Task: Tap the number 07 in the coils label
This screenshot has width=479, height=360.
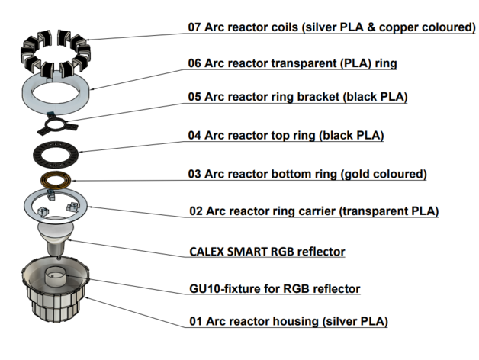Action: coord(195,27)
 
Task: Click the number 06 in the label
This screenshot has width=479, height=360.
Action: coord(195,63)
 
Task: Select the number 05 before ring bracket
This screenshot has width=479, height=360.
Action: coord(195,98)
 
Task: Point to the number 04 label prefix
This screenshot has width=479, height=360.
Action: coord(195,136)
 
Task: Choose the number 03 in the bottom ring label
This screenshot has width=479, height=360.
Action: coord(195,174)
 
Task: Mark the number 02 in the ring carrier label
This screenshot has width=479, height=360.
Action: coord(196,211)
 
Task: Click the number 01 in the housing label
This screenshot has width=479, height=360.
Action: coord(195,321)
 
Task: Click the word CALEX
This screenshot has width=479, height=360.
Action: coord(208,251)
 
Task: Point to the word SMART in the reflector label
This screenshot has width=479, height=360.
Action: coord(255,251)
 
